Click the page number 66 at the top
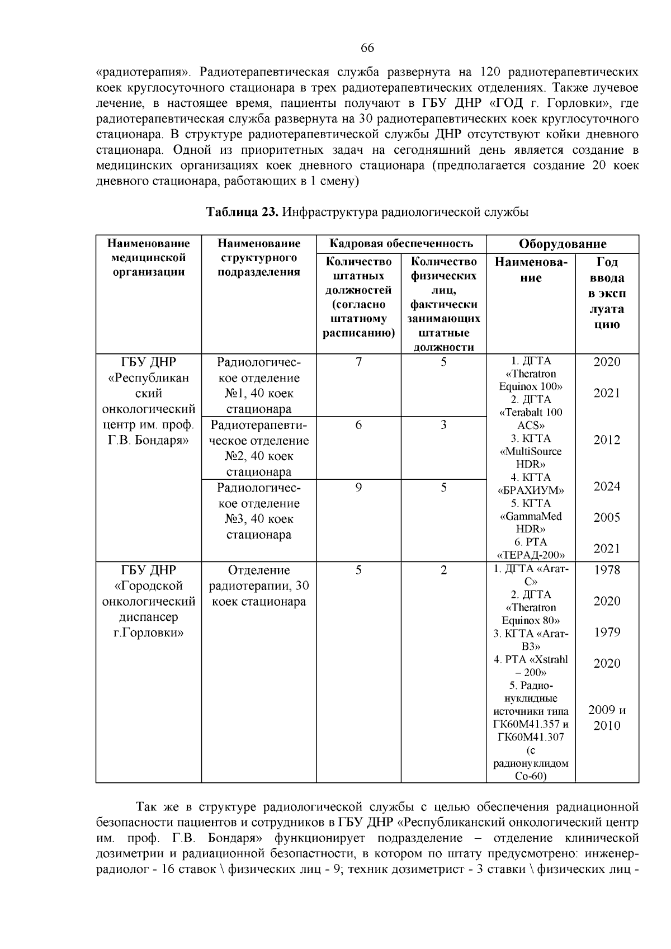[367, 48]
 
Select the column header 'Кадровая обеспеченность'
[401, 243]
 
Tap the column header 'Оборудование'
[563, 244]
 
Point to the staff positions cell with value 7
[358, 362]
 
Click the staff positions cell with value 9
[358, 488]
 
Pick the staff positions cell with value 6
[358, 425]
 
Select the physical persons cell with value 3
[443, 425]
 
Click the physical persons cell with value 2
[443, 570]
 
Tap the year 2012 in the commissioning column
[607, 440]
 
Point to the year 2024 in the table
[607, 487]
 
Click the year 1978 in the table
[607, 570]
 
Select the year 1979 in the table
[607, 632]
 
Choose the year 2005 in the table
[607, 517]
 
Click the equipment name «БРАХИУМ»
[531, 490]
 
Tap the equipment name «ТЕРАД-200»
[531, 555]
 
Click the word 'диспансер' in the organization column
[148, 617]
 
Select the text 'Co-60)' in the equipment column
[531, 776]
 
